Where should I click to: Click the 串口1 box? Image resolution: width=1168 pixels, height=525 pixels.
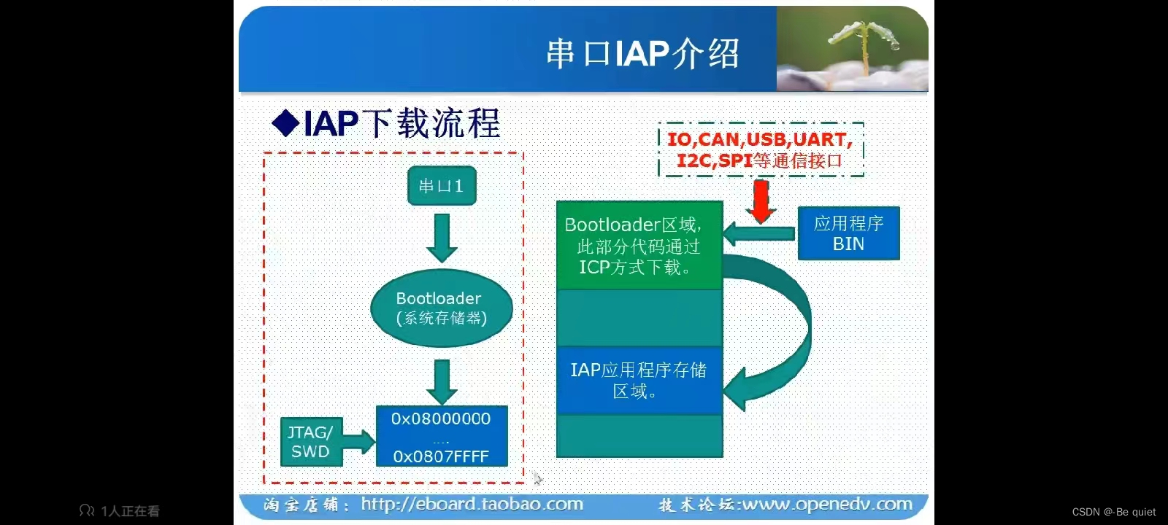[442, 186]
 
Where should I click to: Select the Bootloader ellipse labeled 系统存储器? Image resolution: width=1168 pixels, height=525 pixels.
[442, 308]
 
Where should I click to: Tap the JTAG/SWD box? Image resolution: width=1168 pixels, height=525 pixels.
[310, 442]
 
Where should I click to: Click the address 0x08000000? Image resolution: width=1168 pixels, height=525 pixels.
[441, 419]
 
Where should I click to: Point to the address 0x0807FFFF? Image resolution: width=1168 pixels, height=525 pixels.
[441, 456]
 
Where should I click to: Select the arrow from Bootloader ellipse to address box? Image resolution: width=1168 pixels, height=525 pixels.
[442, 381]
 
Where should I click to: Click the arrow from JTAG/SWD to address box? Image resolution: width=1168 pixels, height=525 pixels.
[357, 442]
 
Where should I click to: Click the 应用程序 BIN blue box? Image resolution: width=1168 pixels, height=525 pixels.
[848, 233]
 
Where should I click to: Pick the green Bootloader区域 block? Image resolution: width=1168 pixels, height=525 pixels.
[639, 246]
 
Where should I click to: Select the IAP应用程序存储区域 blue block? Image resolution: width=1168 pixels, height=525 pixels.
[639, 380]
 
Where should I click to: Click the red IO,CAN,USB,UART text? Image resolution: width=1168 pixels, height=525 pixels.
[759, 139]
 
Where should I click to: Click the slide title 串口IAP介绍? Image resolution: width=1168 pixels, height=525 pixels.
[642, 54]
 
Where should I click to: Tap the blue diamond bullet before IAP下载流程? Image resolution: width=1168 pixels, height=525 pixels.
[285, 123]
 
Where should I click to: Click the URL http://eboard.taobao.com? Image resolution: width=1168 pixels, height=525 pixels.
[472, 504]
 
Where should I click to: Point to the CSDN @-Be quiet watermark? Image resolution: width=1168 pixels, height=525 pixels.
[1113, 512]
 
